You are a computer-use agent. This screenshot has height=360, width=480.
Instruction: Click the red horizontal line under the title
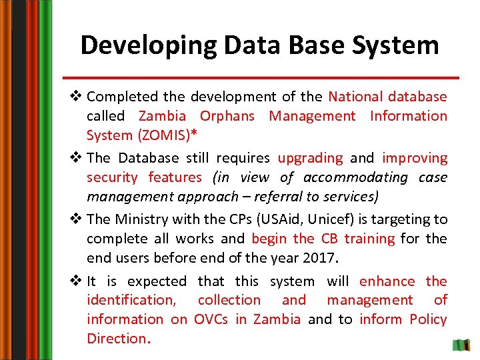click(x=265, y=77)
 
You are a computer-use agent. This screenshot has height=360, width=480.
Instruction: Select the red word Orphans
click(x=227, y=116)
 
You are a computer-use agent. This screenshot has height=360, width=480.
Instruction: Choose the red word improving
click(x=414, y=158)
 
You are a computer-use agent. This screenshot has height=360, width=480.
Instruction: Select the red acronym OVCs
click(x=212, y=319)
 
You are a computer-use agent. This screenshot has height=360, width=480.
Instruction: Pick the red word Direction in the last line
click(x=116, y=338)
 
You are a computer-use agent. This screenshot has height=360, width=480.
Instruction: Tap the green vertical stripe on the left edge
click(x=45, y=180)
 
